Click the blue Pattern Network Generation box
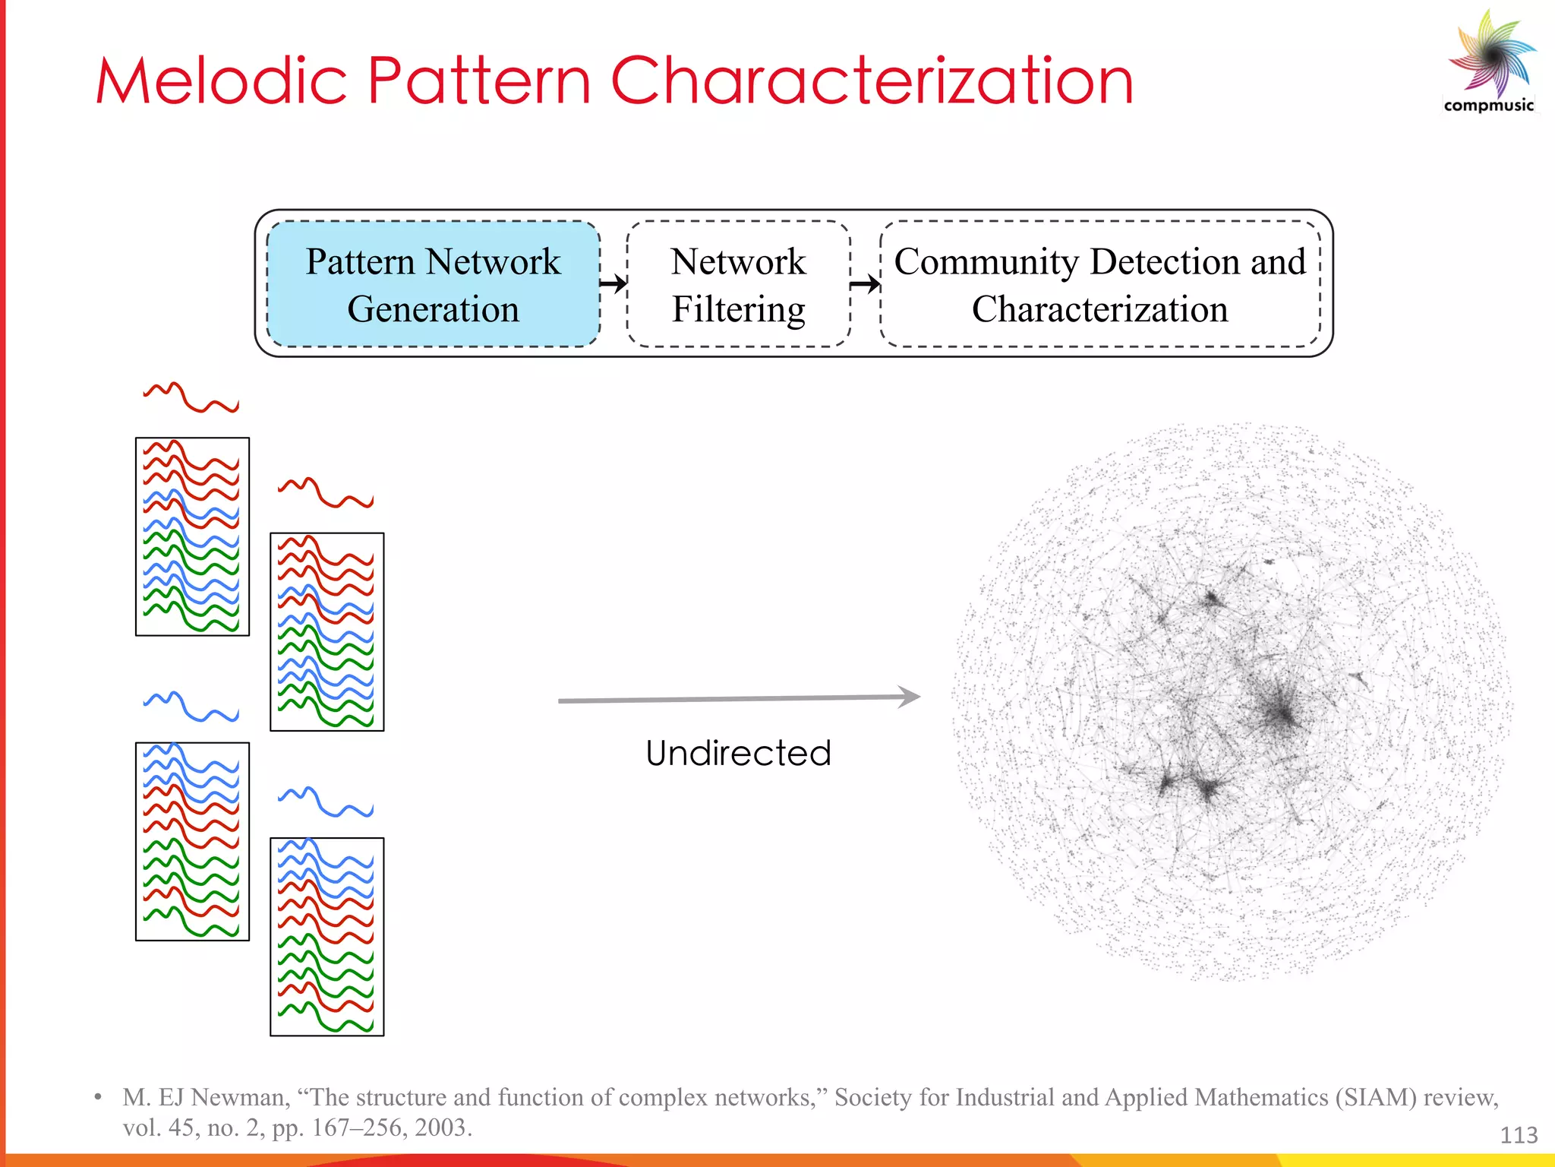(x=433, y=284)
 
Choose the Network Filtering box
(x=738, y=284)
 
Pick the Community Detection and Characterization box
(x=1099, y=284)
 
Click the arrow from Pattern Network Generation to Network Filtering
(x=613, y=284)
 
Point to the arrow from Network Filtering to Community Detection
(x=865, y=285)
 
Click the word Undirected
(x=738, y=754)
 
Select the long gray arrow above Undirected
(x=738, y=698)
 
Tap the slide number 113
(x=1519, y=1135)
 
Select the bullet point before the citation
(x=98, y=1097)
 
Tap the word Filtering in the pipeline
(x=738, y=309)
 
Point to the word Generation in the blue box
(x=433, y=309)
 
